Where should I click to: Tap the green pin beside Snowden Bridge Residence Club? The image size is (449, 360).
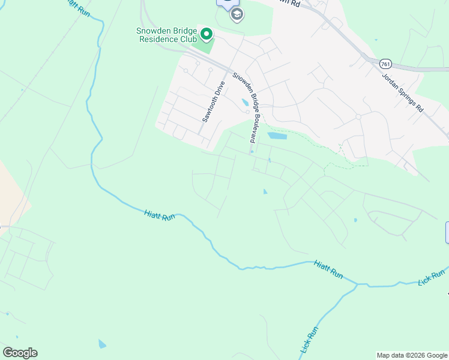(x=206, y=35)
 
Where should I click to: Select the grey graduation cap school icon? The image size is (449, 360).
(x=237, y=14)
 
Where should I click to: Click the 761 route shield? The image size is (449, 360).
(x=386, y=62)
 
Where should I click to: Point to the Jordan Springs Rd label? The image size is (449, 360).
(x=411, y=94)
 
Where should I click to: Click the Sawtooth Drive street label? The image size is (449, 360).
(x=212, y=101)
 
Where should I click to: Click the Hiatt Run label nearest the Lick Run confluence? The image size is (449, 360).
(x=328, y=269)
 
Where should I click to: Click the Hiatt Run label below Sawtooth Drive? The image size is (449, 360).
(x=160, y=214)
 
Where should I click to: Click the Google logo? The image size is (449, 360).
(x=20, y=353)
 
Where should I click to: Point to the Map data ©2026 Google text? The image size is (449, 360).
(x=412, y=355)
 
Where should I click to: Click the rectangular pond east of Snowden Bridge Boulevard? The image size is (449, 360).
(x=277, y=136)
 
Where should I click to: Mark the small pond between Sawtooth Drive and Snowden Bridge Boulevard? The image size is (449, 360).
(x=244, y=102)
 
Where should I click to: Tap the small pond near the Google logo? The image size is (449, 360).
(x=102, y=344)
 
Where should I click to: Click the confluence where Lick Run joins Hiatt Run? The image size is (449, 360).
(x=357, y=284)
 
